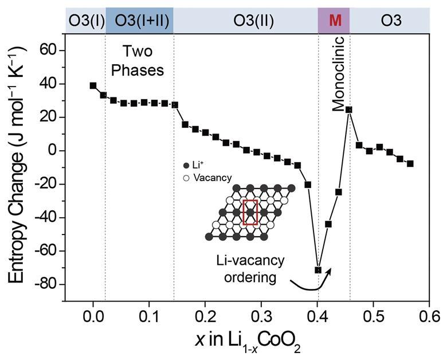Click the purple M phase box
[x=334, y=21]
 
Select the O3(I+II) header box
[x=139, y=21]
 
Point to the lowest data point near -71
[x=318, y=269]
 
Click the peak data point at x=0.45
[x=348, y=109]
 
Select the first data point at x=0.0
[x=93, y=85]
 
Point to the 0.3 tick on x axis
[x=261, y=316]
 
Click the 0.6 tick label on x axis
[x=430, y=316]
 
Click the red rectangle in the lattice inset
[x=250, y=212]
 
